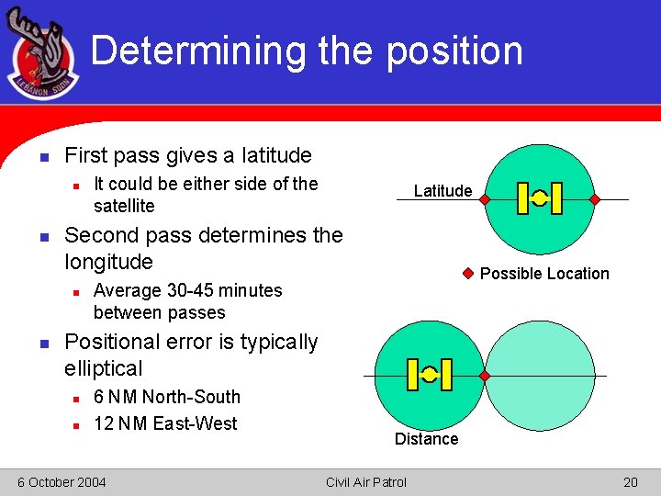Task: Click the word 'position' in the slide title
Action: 454,51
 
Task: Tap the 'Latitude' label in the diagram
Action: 443,191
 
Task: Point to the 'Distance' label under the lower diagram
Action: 426,439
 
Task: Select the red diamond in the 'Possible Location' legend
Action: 467,273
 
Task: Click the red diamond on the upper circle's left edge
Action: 484,199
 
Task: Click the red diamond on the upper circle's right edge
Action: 594,199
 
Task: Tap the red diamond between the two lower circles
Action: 485,376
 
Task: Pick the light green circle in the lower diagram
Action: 541,376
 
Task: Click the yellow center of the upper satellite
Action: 540,198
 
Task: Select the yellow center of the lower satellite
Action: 429,375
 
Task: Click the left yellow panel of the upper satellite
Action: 522,198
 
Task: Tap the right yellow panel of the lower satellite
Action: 446,375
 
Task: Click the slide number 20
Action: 630,482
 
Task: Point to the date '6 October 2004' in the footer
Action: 62,482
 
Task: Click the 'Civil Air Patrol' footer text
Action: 365,482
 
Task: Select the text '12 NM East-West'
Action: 165,423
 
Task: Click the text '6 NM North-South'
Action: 167,397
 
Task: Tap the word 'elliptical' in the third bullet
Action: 104,368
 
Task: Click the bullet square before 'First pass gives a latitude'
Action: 43,156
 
